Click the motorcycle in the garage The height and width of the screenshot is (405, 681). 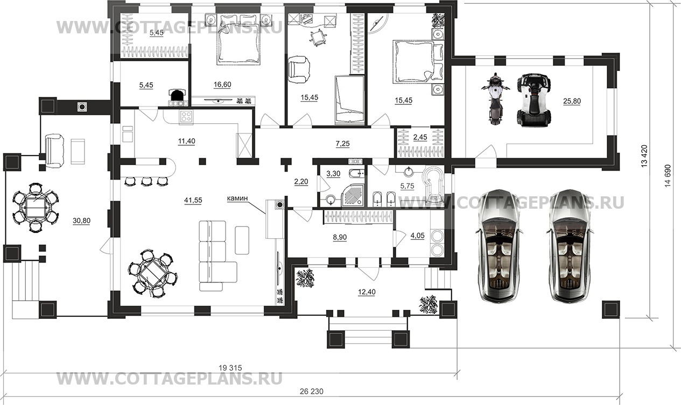[495, 98]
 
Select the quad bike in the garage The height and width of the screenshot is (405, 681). [534, 100]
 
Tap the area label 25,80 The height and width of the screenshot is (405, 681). [572, 101]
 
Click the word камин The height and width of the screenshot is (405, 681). [237, 198]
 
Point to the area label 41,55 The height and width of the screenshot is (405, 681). [193, 200]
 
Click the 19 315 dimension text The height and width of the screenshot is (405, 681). [230, 368]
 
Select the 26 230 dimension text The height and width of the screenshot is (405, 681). [311, 392]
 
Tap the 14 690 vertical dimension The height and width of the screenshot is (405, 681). [668, 176]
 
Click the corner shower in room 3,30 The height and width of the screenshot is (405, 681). [353, 195]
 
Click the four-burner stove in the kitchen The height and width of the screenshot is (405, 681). [186, 117]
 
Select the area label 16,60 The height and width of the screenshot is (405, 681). [222, 84]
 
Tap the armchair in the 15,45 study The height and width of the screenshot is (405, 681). [299, 69]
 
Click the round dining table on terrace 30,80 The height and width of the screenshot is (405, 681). [36, 208]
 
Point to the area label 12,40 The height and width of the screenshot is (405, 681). [367, 292]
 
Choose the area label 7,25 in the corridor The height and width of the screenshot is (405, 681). [342, 144]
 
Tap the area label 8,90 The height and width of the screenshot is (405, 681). [340, 237]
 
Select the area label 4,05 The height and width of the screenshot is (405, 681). [417, 236]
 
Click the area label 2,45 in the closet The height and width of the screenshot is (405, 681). [420, 137]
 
